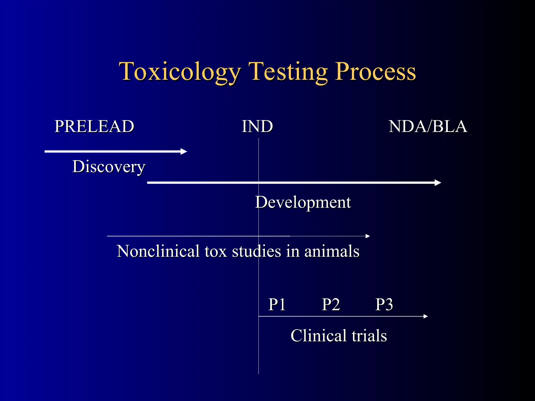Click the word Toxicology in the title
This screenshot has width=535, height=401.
180,72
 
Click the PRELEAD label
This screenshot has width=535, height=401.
94,126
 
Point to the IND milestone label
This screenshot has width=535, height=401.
257,126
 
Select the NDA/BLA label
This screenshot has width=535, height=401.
428,126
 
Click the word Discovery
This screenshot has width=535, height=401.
109,167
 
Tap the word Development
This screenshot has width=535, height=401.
303,202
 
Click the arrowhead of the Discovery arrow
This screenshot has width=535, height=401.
184,151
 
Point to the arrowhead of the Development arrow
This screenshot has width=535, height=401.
438,183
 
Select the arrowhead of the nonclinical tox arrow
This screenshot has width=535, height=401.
368,236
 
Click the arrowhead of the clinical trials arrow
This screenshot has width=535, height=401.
426,316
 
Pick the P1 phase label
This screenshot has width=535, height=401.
277,304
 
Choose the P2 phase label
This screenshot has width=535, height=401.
331,304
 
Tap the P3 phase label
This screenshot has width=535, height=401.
384,304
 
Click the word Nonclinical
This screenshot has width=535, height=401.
158,251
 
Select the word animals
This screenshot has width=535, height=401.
332,251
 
